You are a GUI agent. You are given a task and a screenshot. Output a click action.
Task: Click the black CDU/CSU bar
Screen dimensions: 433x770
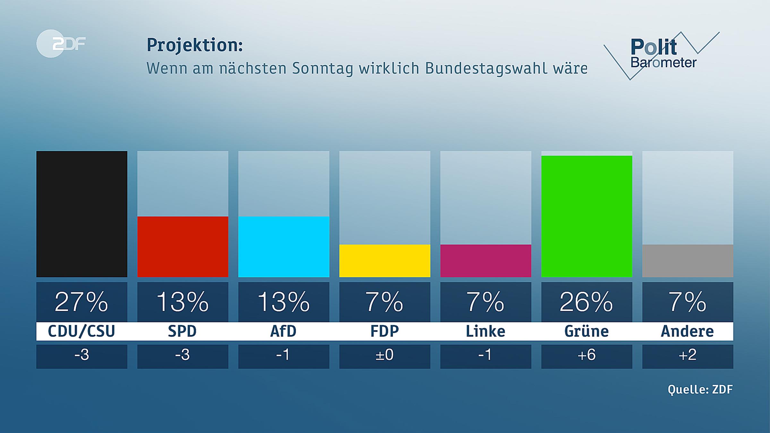(x=82, y=214)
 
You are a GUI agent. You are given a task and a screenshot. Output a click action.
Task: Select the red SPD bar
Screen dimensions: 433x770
(x=183, y=247)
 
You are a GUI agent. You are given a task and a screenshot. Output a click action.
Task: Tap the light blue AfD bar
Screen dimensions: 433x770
(x=284, y=247)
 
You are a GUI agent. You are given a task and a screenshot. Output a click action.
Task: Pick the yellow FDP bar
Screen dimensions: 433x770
(x=385, y=261)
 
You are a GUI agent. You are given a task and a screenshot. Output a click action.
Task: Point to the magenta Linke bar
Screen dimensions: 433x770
(x=485, y=261)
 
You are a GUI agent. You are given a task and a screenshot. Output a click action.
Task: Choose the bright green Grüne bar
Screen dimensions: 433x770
(x=586, y=216)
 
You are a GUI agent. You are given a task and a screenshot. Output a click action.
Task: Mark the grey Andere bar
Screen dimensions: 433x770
(x=688, y=261)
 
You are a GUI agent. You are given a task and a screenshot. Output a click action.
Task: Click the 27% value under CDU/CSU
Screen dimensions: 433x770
(x=82, y=302)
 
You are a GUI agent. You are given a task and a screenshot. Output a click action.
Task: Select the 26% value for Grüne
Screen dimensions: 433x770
(x=586, y=302)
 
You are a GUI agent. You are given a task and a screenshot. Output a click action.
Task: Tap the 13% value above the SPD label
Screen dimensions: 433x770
(x=183, y=302)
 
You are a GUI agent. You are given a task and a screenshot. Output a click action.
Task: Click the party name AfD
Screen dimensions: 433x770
(x=284, y=331)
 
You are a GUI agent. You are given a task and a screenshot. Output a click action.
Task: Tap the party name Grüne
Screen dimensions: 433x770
(x=586, y=331)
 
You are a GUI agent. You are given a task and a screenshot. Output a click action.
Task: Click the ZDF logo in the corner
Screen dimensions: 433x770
(x=61, y=44)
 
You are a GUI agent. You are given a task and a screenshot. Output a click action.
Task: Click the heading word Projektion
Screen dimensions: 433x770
(x=194, y=45)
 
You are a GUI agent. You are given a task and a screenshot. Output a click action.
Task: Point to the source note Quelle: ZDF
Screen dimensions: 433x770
(x=700, y=389)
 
